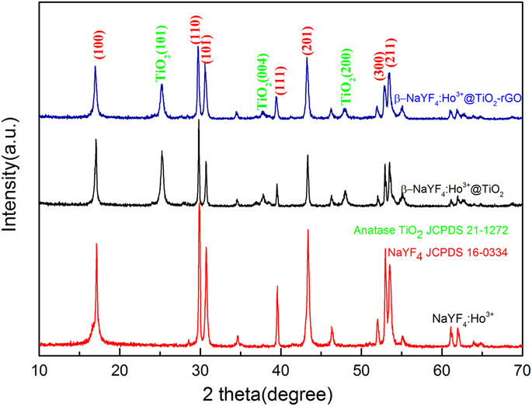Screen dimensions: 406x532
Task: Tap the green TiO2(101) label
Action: tap(162, 61)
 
